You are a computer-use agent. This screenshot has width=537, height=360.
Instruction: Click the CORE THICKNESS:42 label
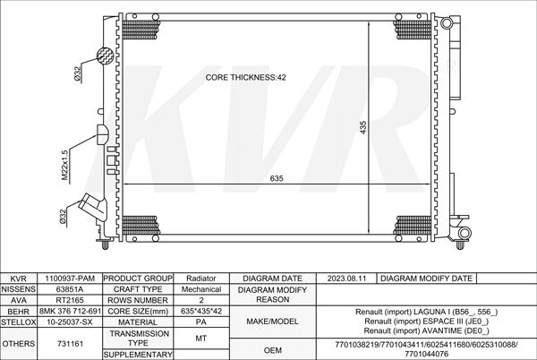pos(245,77)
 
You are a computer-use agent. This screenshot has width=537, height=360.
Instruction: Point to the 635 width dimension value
pos(277,178)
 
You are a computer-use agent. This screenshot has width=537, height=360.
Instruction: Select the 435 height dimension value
pos(363,127)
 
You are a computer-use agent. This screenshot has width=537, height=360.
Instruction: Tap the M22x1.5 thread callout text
pos(65,165)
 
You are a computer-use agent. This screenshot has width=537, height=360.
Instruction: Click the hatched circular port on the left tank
pos(105,56)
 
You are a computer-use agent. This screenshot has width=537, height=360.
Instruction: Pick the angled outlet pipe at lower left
pos(92,207)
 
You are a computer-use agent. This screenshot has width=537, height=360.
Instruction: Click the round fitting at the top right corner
pos(447,23)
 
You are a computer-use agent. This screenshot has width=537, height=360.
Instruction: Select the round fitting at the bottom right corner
pos(465,233)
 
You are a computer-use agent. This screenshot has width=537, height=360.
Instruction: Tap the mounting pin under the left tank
pos(105,244)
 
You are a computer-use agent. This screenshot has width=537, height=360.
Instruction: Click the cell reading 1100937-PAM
pos(70,279)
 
